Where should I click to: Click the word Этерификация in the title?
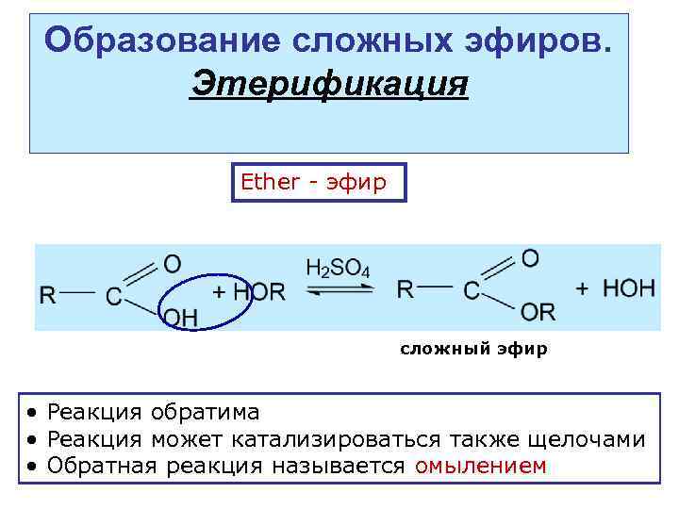tap(329, 84)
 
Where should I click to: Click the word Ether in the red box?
tap(270, 182)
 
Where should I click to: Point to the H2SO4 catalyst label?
tap(338, 269)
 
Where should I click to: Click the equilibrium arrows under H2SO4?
tap(338, 292)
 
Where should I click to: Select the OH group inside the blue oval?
tap(181, 318)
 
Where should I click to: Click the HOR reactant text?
tap(259, 292)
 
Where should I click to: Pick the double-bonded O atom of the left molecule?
tap(173, 263)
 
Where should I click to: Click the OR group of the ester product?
tap(538, 312)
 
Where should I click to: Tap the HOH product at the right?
tap(629, 288)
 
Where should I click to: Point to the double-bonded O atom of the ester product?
tap(531, 257)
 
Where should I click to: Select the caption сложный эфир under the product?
tap(472, 349)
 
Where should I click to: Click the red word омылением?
tap(480, 466)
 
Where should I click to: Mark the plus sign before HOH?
tap(582, 288)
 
